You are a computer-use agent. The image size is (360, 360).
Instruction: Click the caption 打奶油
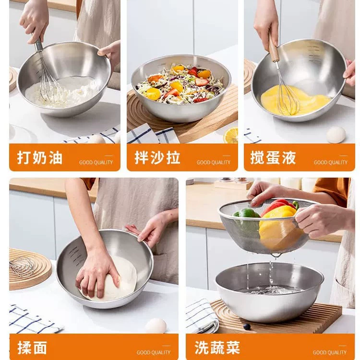tap(40, 157)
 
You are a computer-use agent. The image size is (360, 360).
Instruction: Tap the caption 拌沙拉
tap(157, 157)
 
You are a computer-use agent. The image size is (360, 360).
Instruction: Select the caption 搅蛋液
tap(273, 157)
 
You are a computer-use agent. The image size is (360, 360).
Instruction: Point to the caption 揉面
tap(32, 348)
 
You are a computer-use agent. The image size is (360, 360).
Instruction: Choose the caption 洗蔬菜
tap(217, 348)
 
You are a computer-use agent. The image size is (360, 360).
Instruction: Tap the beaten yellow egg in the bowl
tap(296, 100)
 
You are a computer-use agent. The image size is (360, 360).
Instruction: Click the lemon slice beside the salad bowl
tap(231, 135)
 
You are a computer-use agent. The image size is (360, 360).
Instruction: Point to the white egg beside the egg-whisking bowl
tap(336, 135)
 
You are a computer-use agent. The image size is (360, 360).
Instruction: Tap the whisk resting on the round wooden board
tap(22, 266)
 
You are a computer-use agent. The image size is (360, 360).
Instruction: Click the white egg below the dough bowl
tap(156, 326)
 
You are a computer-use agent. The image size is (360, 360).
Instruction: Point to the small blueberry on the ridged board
tap(247, 326)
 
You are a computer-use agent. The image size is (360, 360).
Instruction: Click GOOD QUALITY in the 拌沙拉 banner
tap(214, 162)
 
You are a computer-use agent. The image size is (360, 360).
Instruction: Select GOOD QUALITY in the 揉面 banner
tap(154, 352)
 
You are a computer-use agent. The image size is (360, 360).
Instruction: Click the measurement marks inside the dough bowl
tap(75, 256)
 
